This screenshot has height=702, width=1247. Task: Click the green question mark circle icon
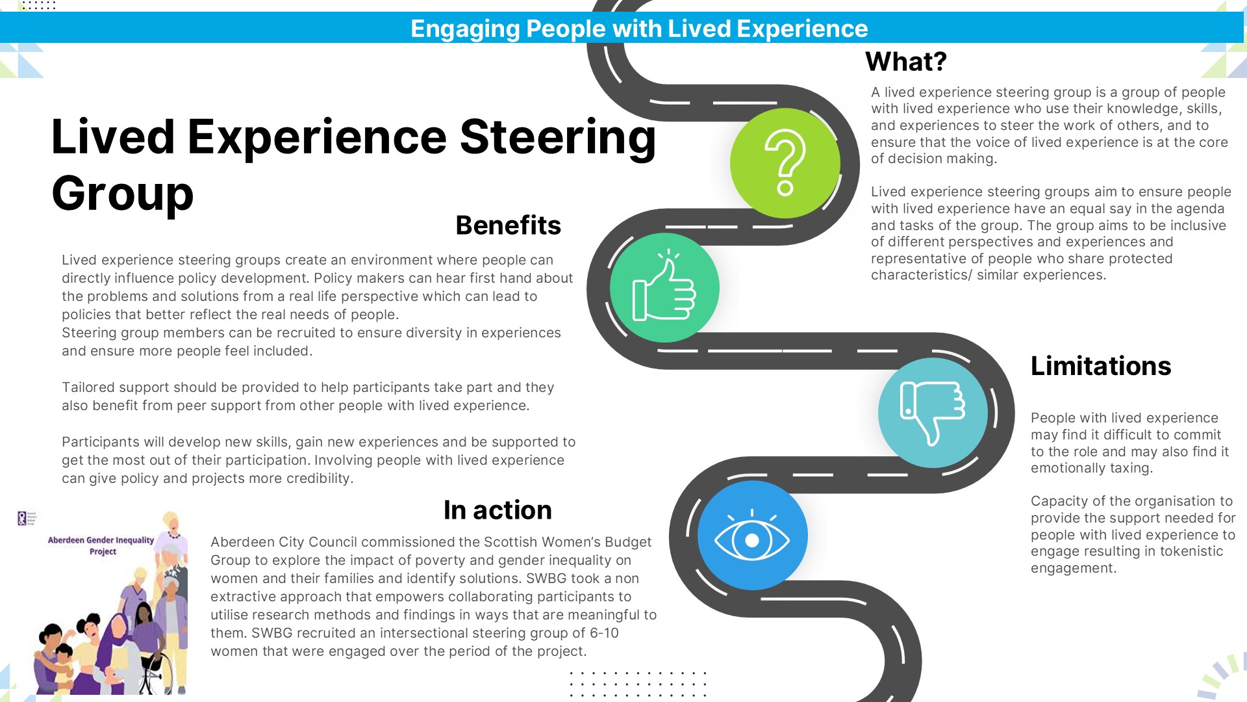pos(785,163)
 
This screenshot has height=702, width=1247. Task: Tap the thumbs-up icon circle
pos(664,288)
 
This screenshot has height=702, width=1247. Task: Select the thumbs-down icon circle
pos(933,413)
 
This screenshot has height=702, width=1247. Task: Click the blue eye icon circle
pos(752,536)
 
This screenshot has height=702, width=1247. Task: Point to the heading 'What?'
pos(906,62)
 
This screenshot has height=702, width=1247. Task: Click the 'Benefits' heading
pos(508,226)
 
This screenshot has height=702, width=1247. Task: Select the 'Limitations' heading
pos(1101,366)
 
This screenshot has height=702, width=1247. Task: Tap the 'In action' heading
pos(498,510)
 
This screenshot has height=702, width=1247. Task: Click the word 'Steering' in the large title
pos(557,138)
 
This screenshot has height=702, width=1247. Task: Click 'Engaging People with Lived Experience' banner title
pos(639,29)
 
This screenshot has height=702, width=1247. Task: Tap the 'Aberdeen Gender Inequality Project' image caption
pos(101,545)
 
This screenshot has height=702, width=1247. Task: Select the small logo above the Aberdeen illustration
pos(27,518)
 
